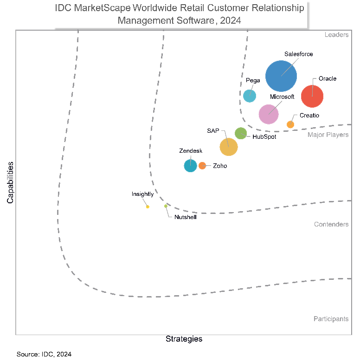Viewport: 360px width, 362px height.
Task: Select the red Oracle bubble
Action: click(x=312, y=97)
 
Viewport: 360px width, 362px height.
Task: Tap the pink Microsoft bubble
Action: click(x=268, y=114)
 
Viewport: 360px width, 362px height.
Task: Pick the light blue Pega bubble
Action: click(x=250, y=96)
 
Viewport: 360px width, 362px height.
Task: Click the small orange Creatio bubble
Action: click(x=290, y=124)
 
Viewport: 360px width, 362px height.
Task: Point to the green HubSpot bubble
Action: click(x=241, y=133)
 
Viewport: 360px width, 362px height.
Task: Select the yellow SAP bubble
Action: click(x=228, y=147)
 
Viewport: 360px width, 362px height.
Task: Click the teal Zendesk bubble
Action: click(x=190, y=165)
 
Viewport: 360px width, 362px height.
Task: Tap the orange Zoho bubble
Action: click(x=202, y=166)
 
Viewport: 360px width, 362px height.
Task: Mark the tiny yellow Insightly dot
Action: click(x=148, y=207)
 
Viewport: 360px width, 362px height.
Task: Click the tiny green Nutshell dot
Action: click(x=166, y=206)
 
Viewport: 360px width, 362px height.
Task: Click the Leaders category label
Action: click(x=336, y=35)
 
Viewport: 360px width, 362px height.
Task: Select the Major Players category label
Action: click(x=328, y=135)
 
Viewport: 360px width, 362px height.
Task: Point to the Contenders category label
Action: click(x=331, y=224)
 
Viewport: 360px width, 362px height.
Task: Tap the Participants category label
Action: click(x=331, y=319)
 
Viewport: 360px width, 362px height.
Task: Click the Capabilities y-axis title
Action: click(x=10, y=182)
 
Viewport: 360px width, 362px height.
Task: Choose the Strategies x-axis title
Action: click(x=184, y=339)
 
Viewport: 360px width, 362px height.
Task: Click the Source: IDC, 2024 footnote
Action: click(x=44, y=354)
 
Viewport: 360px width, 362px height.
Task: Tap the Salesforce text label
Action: click(x=298, y=54)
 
